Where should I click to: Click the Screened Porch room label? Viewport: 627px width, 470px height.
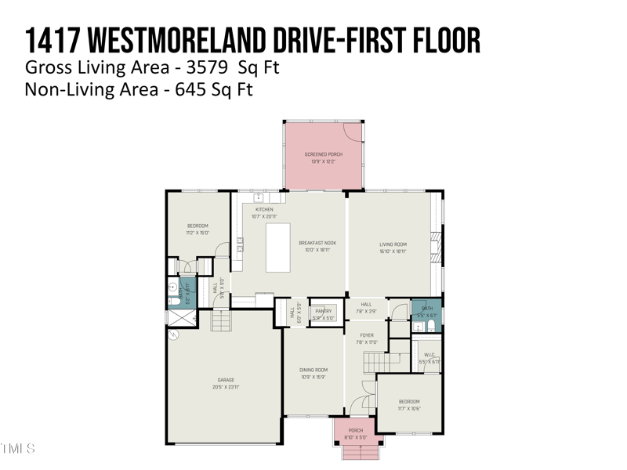pyautogui.click(x=324, y=155)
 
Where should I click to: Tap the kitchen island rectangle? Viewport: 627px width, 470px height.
pyautogui.click(x=277, y=248)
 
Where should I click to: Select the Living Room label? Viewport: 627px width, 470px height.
pyautogui.click(x=393, y=244)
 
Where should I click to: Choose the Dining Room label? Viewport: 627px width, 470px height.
pyautogui.click(x=313, y=370)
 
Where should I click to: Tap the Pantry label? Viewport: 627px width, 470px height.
pyautogui.click(x=323, y=311)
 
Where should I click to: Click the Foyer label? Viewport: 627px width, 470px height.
pyautogui.click(x=367, y=335)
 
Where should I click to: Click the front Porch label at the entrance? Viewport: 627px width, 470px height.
pyautogui.click(x=356, y=430)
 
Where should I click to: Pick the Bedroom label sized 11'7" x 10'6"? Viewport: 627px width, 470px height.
pyautogui.click(x=408, y=402)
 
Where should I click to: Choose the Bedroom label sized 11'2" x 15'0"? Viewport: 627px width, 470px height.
pyautogui.click(x=197, y=226)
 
